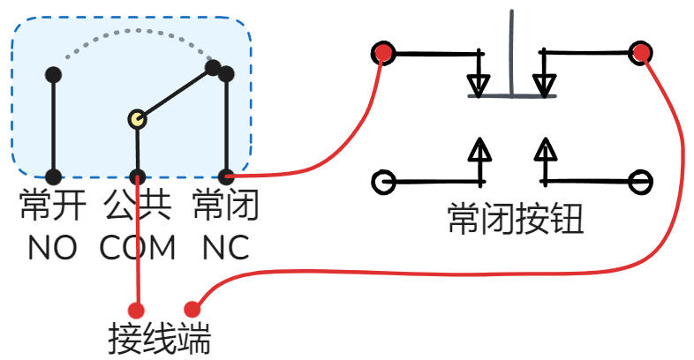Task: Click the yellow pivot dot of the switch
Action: [x=137, y=119]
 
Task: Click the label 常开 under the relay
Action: [x=53, y=206]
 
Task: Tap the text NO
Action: [x=52, y=248]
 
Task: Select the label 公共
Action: [x=137, y=206]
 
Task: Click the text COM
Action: [x=138, y=248]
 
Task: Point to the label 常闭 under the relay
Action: [x=225, y=206]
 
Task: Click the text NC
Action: [x=225, y=248]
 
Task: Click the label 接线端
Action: [x=160, y=338]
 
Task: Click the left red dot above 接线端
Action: [x=137, y=310]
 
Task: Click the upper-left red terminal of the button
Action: [x=382, y=54]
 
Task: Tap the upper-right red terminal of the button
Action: [x=642, y=53]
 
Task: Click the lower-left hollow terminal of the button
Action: [x=382, y=182]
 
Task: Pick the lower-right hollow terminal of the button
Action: [x=642, y=182]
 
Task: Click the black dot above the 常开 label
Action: [x=54, y=75]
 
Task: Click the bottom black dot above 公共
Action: [x=137, y=176]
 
